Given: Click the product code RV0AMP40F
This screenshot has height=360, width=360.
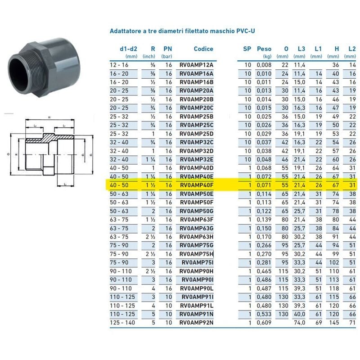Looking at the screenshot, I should (x=196, y=185).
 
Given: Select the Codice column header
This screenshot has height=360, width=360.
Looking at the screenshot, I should (x=203, y=49).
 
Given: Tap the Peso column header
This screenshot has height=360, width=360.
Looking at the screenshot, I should (x=264, y=49).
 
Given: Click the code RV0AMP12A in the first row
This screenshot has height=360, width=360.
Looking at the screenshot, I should (x=196, y=65).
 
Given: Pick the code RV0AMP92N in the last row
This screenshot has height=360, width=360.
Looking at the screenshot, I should (x=196, y=323).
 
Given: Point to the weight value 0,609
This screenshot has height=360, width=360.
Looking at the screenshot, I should (x=264, y=323).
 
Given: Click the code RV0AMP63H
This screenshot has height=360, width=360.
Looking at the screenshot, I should (x=196, y=237).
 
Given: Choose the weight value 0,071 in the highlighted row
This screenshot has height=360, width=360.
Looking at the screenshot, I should (x=264, y=185).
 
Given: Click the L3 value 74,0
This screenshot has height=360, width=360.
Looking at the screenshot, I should (x=300, y=323).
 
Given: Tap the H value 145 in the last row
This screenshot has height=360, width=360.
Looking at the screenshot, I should (x=334, y=323).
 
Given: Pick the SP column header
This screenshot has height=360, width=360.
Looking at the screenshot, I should (x=247, y=49).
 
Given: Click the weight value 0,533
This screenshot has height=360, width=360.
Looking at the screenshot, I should (x=264, y=314).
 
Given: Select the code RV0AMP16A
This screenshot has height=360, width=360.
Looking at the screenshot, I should (x=196, y=74).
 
